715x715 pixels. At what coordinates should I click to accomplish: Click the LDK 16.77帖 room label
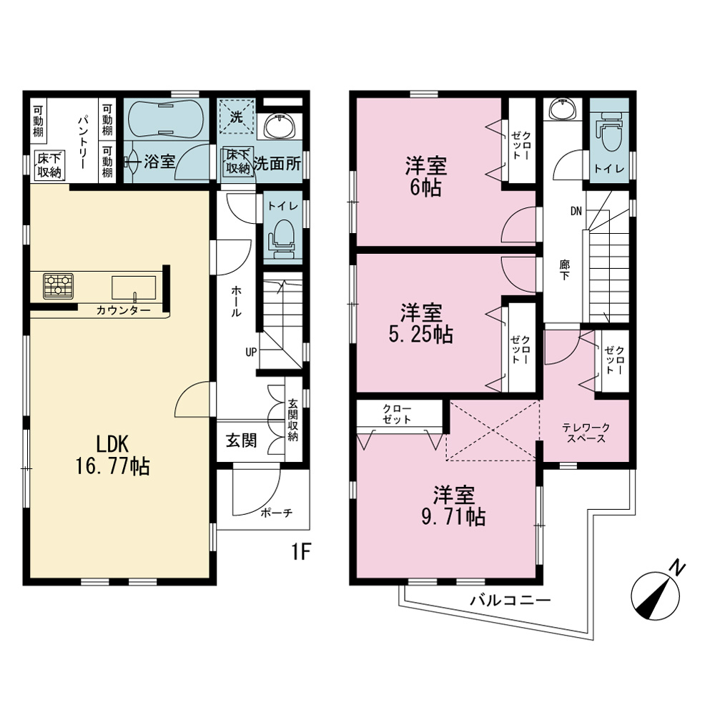[113, 455]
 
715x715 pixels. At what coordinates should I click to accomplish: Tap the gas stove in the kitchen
[59, 286]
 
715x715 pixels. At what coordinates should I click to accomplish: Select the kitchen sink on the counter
[134, 288]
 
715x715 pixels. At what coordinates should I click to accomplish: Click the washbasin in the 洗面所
[280, 125]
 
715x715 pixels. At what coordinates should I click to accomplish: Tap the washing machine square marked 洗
[236, 117]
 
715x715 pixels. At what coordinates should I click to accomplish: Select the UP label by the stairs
[251, 352]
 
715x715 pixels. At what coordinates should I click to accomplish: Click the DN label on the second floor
[576, 211]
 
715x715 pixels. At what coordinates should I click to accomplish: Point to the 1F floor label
[302, 552]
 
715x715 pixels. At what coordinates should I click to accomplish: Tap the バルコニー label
[511, 600]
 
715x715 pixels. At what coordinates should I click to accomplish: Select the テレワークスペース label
[586, 433]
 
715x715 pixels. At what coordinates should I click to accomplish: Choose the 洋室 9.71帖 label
[454, 506]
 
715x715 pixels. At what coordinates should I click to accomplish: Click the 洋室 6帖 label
[426, 177]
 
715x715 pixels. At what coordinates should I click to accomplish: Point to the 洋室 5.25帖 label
[421, 323]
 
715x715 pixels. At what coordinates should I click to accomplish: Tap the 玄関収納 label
[292, 420]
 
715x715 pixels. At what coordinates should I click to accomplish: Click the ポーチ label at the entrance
[276, 513]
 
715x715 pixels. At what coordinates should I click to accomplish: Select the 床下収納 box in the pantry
[49, 166]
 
